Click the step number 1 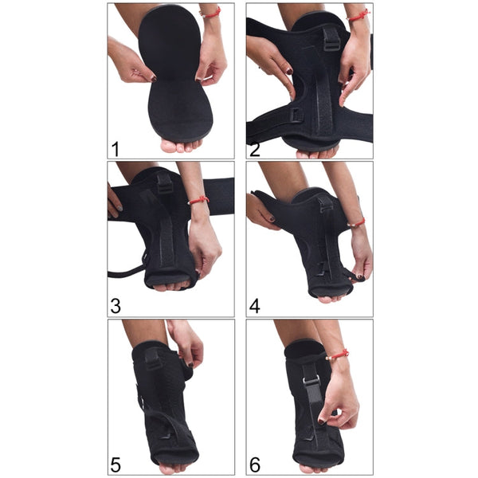(x=116, y=148)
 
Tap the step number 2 (x=256, y=148)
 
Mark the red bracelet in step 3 (x=198, y=200)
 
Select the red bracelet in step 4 (x=356, y=223)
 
